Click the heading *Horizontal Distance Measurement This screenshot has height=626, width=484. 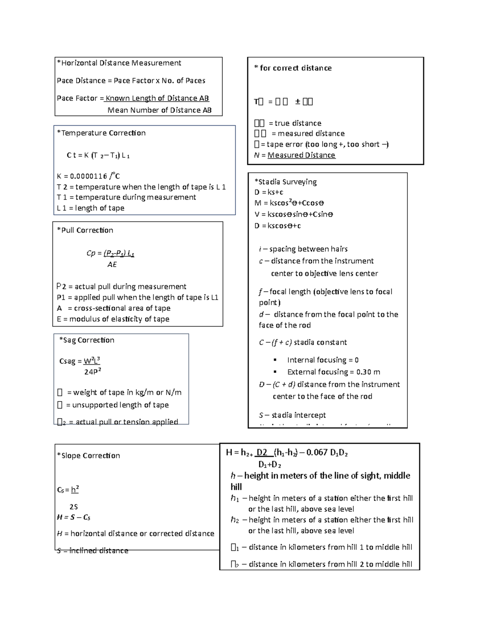point(119,63)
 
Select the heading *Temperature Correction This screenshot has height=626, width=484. point(101,133)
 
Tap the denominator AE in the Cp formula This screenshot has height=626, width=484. point(112,264)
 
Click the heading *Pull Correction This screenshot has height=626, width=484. point(85,231)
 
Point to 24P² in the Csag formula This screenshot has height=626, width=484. point(92,372)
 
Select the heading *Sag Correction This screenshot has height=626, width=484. point(87,340)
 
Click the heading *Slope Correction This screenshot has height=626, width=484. point(89,456)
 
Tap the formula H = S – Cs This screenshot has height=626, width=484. point(74,518)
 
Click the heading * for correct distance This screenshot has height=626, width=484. point(293,68)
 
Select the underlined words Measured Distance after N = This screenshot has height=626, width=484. point(301,155)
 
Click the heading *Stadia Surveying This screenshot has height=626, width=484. point(286,182)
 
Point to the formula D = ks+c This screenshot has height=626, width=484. point(269,192)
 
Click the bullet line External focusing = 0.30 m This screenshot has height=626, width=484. point(333,372)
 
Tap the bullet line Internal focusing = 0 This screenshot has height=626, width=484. point(323,360)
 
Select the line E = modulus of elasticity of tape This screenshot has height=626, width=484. point(113,319)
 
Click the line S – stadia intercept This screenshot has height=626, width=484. point(292,415)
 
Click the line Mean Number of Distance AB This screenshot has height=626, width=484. point(159,110)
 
